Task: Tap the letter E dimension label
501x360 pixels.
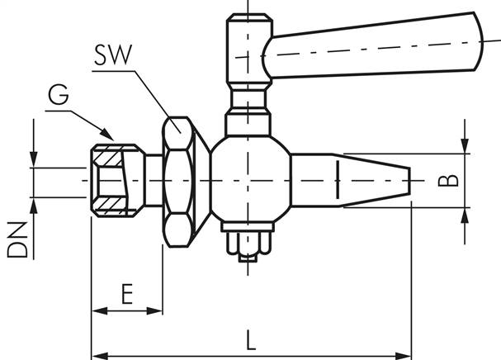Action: click(126, 294)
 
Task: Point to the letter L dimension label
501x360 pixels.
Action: click(251, 339)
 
